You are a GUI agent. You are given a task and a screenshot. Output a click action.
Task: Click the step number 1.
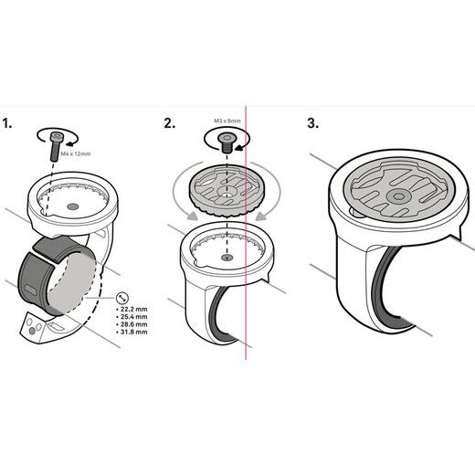(7, 124)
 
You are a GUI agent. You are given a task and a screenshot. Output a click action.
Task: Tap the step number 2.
(170, 123)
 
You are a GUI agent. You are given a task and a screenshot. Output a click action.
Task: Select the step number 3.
(313, 123)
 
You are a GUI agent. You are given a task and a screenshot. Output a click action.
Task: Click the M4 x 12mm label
(76, 153)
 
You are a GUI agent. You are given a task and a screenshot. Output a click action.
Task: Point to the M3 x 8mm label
(227, 121)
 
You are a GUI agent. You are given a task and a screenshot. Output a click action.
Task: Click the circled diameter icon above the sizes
(122, 298)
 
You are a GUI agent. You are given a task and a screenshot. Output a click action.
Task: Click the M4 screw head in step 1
(56, 136)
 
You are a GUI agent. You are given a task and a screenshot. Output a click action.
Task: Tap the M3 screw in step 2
(226, 142)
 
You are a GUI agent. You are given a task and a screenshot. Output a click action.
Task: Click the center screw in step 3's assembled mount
(398, 197)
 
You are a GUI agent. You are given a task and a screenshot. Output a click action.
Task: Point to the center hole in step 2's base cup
(227, 258)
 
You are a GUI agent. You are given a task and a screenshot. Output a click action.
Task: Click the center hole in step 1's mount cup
(72, 206)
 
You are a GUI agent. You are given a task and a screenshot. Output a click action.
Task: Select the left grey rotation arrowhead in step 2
(191, 216)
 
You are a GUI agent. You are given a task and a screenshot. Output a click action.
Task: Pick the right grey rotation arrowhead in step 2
(261, 216)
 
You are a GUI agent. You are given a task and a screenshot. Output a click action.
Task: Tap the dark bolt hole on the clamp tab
(32, 331)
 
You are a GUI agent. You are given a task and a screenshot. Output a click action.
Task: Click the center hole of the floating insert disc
(226, 194)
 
